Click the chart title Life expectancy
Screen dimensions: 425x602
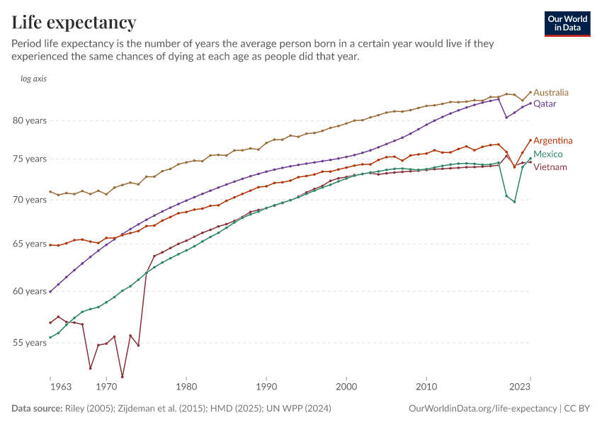click(x=74, y=23)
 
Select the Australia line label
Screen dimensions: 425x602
click(x=550, y=93)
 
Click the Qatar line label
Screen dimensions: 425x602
click(x=545, y=104)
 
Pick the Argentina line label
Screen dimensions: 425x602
click(x=552, y=141)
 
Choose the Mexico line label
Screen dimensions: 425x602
click(x=547, y=154)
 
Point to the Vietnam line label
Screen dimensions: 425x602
click(x=550, y=167)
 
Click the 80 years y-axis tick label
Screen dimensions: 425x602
click(x=30, y=120)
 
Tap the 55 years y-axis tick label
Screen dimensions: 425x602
click(x=30, y=343)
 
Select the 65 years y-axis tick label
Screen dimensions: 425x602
click(x=30, y=244)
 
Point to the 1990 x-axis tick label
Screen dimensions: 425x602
click(x=266, y=387)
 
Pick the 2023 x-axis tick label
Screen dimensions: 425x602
click(x=520, y=387)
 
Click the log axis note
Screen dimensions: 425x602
click(x=34, y=79)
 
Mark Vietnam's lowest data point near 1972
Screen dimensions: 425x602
click(x=123, y=377)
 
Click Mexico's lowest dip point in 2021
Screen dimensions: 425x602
click(x=514, y=202)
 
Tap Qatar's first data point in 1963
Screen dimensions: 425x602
click(x=50, y=291)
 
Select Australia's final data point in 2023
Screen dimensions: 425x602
click(x=530, y=92)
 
